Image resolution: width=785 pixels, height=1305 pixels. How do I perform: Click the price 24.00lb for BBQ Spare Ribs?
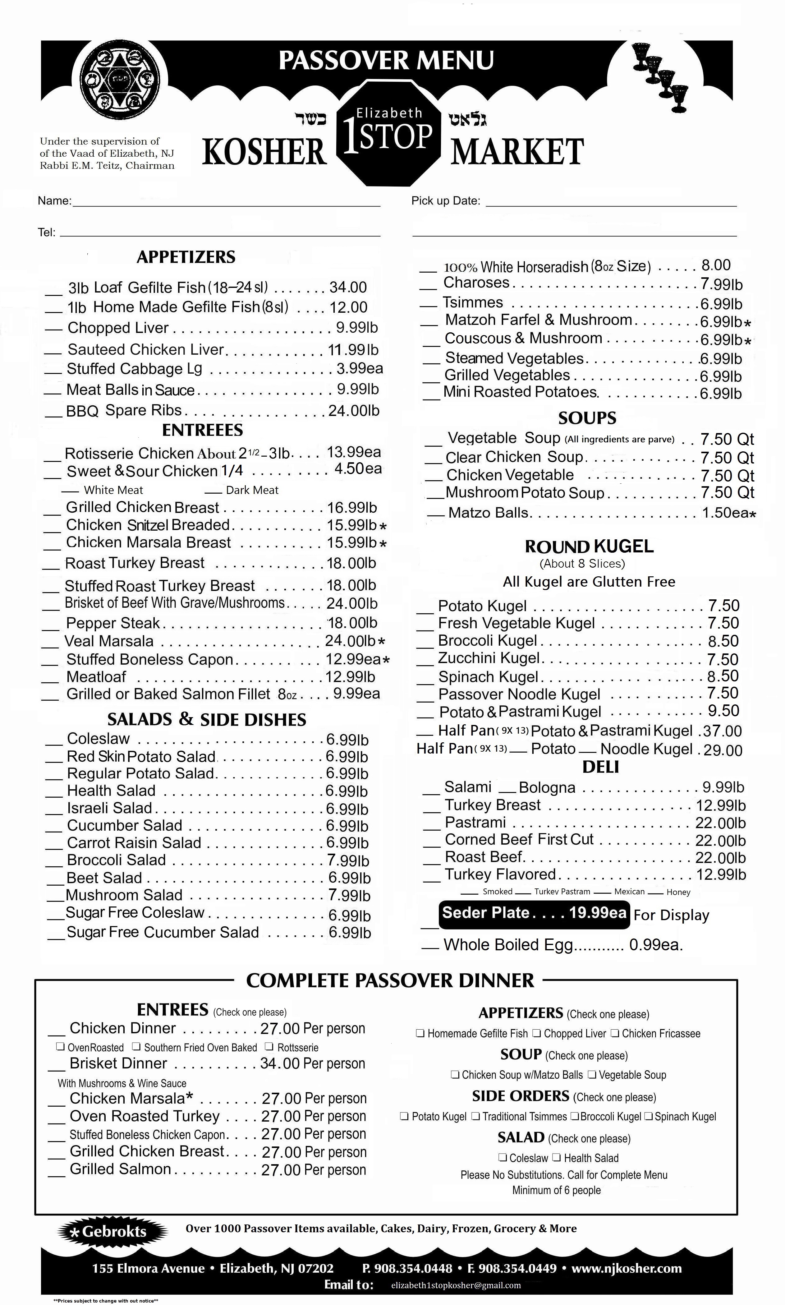tap(353, 410)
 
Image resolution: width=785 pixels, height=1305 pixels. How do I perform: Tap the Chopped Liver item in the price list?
tap(118, 328)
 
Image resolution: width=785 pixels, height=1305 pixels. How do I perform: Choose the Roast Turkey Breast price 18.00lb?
tap(351, 563)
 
